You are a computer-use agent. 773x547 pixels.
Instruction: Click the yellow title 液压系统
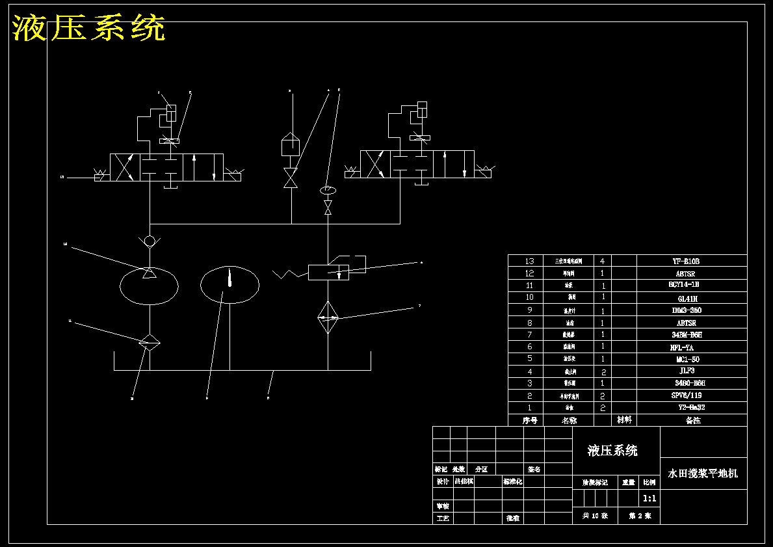point(89,29)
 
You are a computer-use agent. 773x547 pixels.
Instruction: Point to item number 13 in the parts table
point(529,261)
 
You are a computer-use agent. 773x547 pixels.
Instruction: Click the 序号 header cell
point(530,420)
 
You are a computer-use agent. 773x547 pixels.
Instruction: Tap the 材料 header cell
point(624,420)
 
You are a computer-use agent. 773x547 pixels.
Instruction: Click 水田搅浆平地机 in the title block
point(703,474)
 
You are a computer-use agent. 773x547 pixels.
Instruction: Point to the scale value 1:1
point(649,499)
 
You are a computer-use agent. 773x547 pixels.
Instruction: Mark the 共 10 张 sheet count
point(595,516)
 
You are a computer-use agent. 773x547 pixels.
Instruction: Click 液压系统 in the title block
point(612,451)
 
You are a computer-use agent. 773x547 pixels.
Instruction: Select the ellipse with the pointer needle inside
point(229,284)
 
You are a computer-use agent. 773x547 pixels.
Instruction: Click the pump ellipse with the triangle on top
point(150,286)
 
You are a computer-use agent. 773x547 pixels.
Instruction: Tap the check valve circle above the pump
point(150,241)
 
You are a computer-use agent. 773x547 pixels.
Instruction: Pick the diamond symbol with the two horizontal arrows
point(328,317)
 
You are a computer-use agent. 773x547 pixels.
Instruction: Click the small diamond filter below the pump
point(149,342)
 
